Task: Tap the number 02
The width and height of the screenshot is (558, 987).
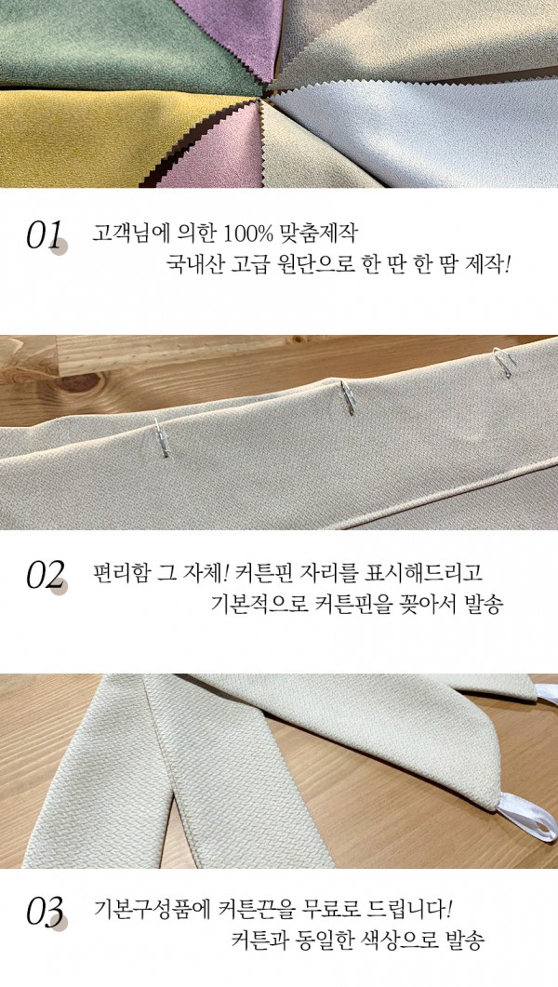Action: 45,575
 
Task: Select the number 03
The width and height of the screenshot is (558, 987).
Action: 45,913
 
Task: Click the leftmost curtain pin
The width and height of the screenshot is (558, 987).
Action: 162,438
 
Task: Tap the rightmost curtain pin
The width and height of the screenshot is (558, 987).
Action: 504,361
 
